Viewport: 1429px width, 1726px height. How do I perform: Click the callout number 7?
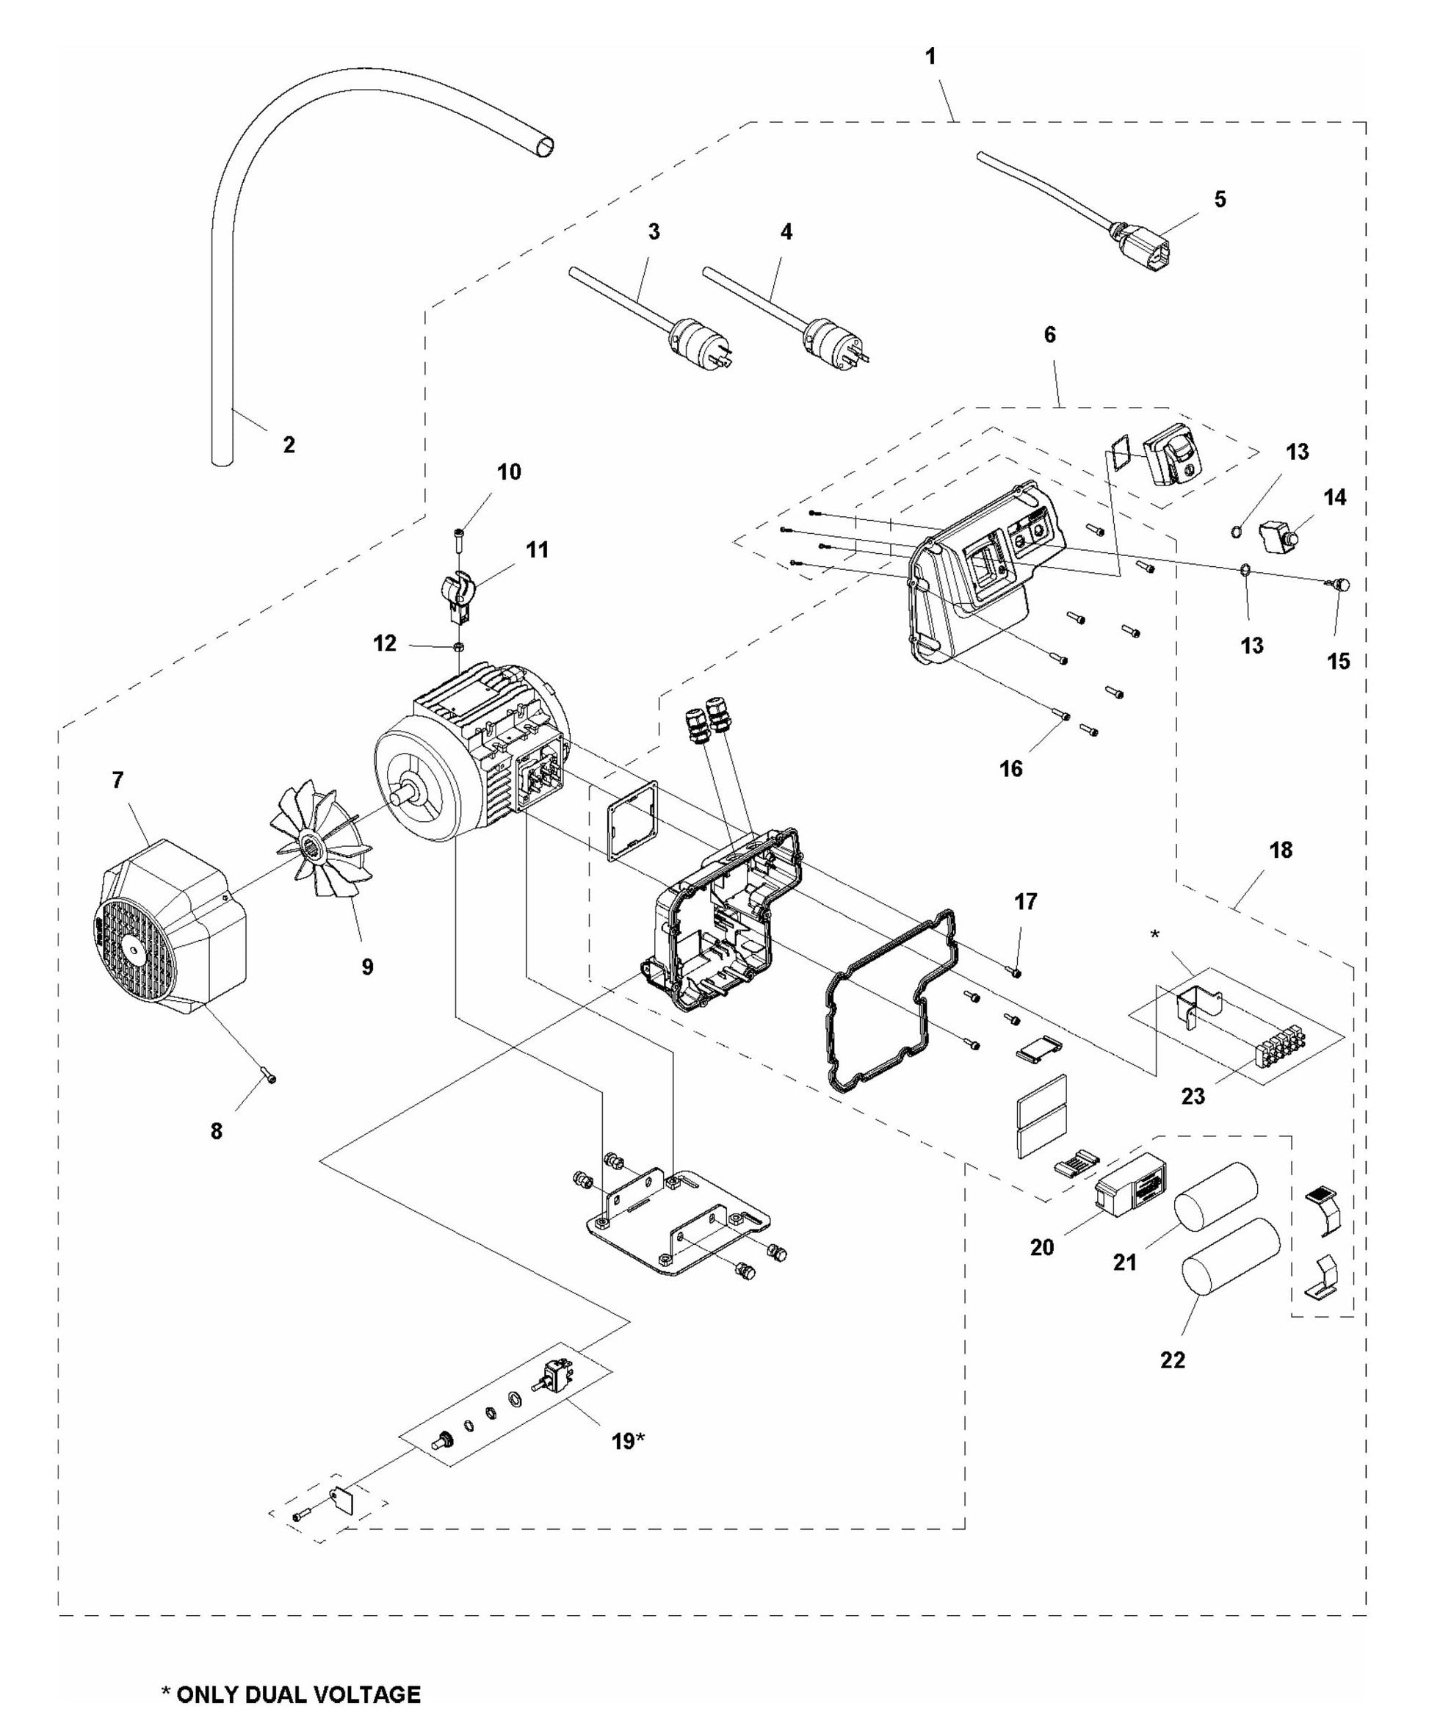click(x=117, y=780)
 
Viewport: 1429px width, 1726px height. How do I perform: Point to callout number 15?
click(x=1338, y=661)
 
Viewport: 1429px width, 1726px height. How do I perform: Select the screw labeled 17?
click(x=1017, y=973)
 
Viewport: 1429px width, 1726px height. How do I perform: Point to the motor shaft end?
click(x=401, y=797)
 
